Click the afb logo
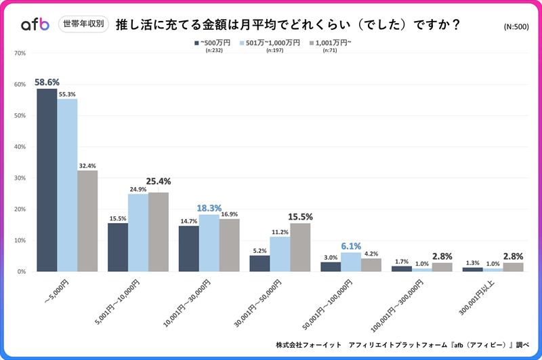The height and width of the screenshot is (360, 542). [35, 24]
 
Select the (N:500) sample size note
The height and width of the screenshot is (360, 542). [518, 27]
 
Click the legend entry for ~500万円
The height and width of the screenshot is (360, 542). [211, 43]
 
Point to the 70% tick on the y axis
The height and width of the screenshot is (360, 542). [20, 53]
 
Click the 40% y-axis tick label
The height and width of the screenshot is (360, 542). [20, 146]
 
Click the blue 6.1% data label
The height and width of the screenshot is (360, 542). [351, 247]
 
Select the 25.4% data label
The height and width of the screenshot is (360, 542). [158, 182]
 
